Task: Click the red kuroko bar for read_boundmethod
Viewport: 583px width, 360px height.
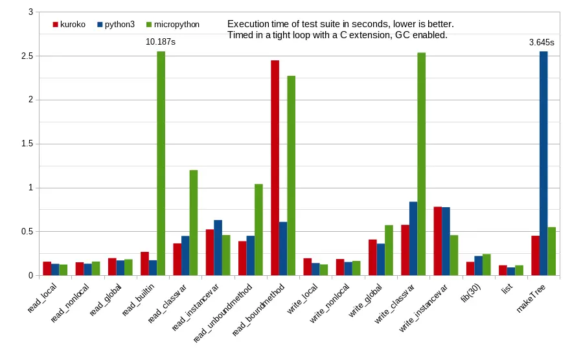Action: click(275, 168)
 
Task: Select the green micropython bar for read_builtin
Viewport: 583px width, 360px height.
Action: click(161, 163)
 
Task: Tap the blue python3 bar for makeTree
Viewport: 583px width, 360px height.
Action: click(543, 163)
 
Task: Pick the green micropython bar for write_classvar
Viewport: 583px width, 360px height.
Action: click(421, 164)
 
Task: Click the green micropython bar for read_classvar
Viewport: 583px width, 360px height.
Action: click(193, 223)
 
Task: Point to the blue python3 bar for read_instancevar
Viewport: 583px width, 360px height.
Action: click(218, 248)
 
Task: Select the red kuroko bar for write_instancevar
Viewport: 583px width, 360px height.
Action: click(438, 241)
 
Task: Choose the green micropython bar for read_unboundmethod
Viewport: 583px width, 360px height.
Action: click(258, 230)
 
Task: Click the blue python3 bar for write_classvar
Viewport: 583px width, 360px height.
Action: click(413, 238)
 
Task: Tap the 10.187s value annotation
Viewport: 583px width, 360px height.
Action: click(160, 42)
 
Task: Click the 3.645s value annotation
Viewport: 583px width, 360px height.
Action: click(542, 43)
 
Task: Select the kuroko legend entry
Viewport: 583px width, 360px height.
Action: click(69, 25)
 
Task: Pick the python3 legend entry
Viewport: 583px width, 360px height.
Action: click(116, 25)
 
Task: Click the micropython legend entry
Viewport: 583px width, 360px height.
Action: click(173, 25)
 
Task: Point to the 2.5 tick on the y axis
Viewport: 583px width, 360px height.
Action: click(29, 56)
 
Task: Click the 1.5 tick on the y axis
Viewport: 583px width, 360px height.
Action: click(29, 144)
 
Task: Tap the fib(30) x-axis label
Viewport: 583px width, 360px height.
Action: click(470, 293)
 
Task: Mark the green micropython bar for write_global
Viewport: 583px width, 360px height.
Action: click(389, 251)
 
